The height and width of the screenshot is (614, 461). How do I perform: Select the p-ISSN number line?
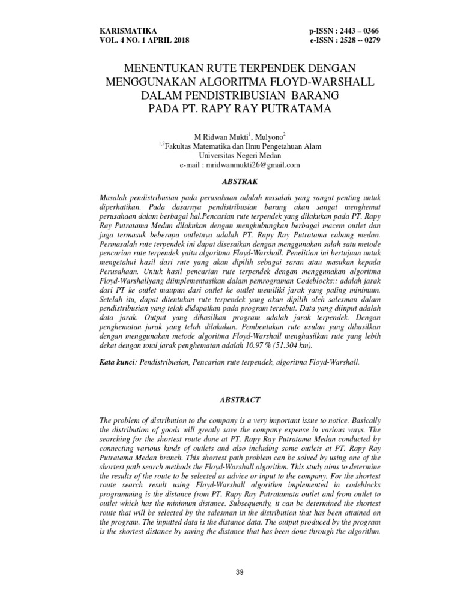(344, 30)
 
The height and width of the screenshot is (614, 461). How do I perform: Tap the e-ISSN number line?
(344, 40)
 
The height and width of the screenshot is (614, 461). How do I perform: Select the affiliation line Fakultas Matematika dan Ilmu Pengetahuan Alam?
(240, 145)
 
